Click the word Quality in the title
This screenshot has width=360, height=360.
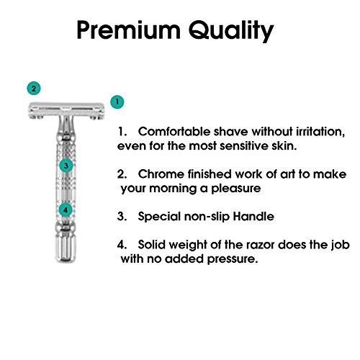click(x=228, y=32)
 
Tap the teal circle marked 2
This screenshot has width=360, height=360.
click(x=32, y=89)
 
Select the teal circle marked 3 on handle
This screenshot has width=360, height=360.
click(x=66, y=165)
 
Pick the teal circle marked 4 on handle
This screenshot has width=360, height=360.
click(x=66, y=210)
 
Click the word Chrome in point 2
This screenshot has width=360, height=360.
click(x=163, y=176)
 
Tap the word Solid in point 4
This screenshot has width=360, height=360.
click(x=154, y=245)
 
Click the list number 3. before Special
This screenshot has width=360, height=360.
click(x=122, y=216)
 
